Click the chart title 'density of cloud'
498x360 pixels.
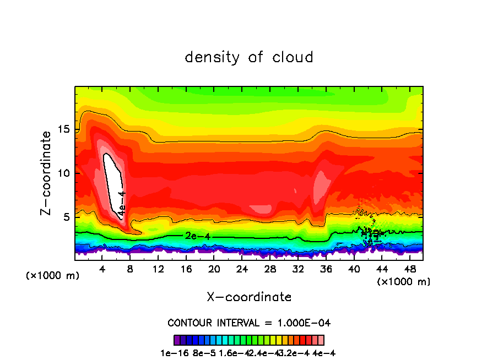(249, 57)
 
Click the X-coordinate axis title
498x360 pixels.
(249, 297)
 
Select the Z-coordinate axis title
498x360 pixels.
(47, 173)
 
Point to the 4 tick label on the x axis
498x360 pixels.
(102, 269)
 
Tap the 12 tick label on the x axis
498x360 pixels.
(158, 269)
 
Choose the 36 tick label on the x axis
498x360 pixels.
(326, 269)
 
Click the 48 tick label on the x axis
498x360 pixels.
(409, 269)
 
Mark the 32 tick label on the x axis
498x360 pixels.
(298, 269)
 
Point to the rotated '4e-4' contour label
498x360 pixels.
(122, 203)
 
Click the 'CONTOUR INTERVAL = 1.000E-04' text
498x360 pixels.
(249, 323)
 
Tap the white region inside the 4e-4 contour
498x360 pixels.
(113, 176)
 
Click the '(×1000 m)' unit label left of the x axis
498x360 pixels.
(53, 276)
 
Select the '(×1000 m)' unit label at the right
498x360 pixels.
(403, 282)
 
